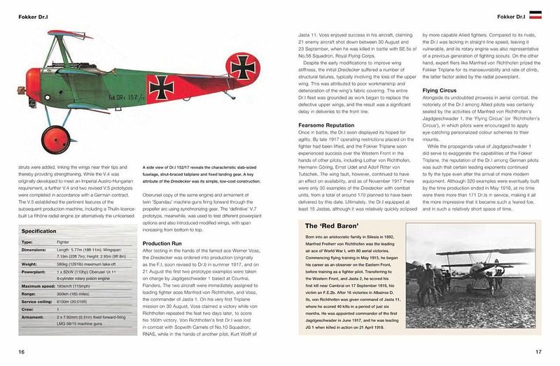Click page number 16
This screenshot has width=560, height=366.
point(22,351)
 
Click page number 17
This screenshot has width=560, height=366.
point(539,351)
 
